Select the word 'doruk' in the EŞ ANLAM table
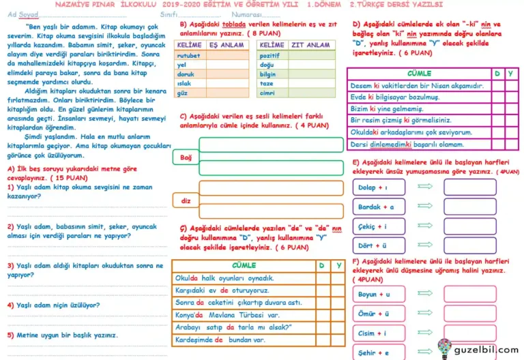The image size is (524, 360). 185,74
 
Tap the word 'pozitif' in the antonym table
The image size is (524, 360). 271,55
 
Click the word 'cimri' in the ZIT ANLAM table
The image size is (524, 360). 268,93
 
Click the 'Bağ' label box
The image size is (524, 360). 186,157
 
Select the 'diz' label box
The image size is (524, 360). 185,200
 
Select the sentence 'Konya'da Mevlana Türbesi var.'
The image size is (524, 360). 227,315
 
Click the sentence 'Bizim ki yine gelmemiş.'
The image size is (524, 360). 386,108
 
